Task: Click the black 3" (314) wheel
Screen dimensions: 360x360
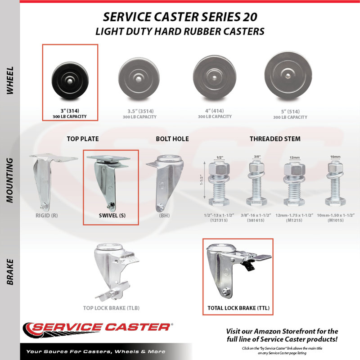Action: (70, 80)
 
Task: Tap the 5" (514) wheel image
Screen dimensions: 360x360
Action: (288, 76)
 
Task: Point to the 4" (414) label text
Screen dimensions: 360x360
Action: (215, 111)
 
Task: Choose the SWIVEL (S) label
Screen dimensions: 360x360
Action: (112, 216)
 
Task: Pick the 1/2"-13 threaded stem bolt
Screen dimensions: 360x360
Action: (219, 183)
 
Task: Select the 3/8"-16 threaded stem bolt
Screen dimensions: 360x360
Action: (256, 183)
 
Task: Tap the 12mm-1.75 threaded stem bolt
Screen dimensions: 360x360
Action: (294, 184)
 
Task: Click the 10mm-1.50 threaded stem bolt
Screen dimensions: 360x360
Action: (335, 183)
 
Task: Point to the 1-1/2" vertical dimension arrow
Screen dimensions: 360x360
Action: (204, 180)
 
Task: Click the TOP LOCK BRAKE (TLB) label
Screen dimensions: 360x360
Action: (111, 308)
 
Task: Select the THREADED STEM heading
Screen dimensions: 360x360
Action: (275, 139)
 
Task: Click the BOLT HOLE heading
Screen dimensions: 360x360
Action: (172, 139)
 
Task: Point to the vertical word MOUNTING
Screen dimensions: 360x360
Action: (9, 180)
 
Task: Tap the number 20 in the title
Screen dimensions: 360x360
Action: (250, 17)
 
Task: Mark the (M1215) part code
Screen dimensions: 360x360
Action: (294, 220)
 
